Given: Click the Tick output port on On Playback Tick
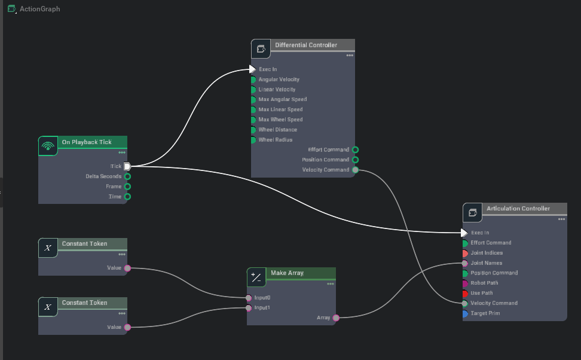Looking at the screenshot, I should tap(127, 166).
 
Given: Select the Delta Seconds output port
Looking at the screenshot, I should tap(127, 176).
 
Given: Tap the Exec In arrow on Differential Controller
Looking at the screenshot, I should tap(253, 69).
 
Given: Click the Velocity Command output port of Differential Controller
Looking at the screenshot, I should tap(355, 170).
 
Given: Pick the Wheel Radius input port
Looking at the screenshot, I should tap(253, 140).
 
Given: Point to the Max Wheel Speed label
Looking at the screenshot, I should tap(280, 120).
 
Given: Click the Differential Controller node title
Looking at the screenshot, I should tap(306, 45).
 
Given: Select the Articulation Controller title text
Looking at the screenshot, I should tap(518, 209).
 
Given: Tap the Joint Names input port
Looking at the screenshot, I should tap(465, 263).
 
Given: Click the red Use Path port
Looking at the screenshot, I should tap(465, 293).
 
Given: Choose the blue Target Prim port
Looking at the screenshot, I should tap(465, 313).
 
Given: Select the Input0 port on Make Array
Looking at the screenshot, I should tap(249, 298).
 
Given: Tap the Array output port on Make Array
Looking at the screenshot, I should tap(336, 318).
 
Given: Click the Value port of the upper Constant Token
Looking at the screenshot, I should tap(127, 269).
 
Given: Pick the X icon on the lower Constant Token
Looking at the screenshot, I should tap(48, 307).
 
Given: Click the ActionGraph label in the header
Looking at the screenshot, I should tap(40, 9).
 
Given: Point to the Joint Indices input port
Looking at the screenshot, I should tap(465, 253).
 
